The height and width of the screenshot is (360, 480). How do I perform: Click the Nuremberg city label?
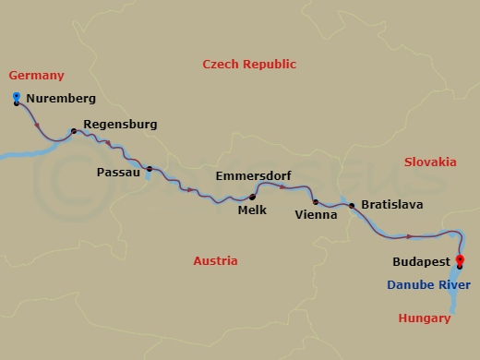point(61,98)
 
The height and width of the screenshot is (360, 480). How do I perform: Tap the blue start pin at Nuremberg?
point(17,97)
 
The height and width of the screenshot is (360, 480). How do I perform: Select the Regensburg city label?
point(120,124)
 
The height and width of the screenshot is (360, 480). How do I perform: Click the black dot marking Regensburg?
point(74,131)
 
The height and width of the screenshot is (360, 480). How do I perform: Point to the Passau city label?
point(118,172)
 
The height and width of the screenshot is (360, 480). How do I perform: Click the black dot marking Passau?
point(150,169)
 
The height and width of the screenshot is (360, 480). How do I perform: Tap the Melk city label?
point(252,210)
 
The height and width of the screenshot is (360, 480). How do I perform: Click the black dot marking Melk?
point(252,197)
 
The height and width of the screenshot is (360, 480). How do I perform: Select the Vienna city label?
point(315,215)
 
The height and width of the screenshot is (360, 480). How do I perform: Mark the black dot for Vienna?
point(316,202)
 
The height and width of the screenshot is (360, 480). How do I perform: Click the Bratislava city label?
point(392,204)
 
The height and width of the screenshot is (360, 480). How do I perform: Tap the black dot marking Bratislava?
point(352,206)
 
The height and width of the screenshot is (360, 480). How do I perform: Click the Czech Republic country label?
point(249,64)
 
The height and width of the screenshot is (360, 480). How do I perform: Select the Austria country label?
point(215,261)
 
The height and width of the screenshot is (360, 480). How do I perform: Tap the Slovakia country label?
point(430,162)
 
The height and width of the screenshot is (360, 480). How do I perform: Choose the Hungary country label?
point(424,318)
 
